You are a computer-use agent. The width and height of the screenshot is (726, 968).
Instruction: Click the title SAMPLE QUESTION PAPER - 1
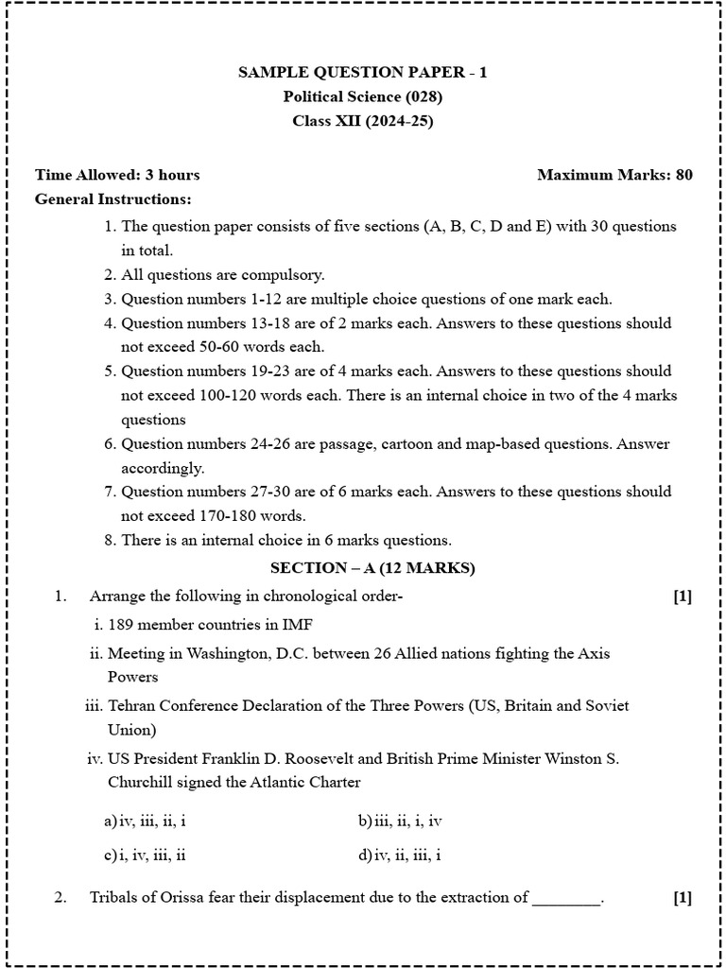click(x=363, y=72)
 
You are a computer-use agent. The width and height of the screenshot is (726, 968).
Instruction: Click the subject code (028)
click(x=423, y=96)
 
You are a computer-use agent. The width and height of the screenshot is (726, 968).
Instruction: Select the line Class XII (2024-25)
click(x=363, y=120)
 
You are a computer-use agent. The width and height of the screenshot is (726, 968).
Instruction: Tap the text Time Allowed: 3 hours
click(x=117, y=175)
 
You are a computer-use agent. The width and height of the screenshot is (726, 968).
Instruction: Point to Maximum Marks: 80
click(x=614, y=175)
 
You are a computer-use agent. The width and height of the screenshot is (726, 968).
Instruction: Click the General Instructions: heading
click(x=112, y=199)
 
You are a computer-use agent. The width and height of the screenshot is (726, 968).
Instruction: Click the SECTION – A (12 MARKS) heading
click(x=372, y=568)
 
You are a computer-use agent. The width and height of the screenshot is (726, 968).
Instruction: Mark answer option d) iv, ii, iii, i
click(x=400, y=856)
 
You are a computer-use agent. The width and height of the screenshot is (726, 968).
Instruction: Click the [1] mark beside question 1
click(x=683, y=596)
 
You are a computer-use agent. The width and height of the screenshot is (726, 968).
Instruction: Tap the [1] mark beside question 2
click(x=683, y=898)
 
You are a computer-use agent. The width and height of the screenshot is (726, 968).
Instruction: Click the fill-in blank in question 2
click(x=566, y=899)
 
